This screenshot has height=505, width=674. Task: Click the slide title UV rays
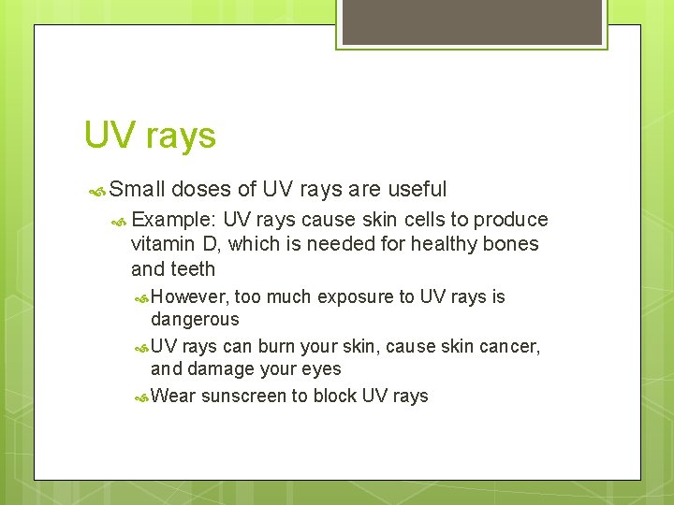[x=150, y=136]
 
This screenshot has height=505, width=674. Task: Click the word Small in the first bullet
[x=137, y=189]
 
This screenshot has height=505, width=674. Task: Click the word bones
[x=512, y=244]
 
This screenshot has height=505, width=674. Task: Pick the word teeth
[x=194, y=269]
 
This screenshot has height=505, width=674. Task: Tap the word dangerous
[x=195, y=319]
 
